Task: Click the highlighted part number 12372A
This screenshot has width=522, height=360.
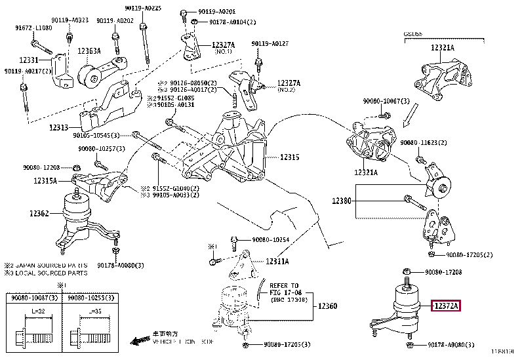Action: coord(446,305)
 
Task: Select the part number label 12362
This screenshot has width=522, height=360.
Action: coord(41,213)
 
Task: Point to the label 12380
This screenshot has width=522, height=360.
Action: coord(342,201)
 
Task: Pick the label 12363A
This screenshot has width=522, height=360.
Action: coord(89,50)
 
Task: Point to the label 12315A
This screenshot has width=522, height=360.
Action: coord(46,180)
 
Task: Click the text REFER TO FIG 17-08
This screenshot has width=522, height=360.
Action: coord(284,289)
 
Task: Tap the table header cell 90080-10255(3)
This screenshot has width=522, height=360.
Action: coord(89,297)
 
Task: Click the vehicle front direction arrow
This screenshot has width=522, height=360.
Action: coord(140,341)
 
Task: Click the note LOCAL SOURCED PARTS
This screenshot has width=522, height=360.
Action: coord(47,273)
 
